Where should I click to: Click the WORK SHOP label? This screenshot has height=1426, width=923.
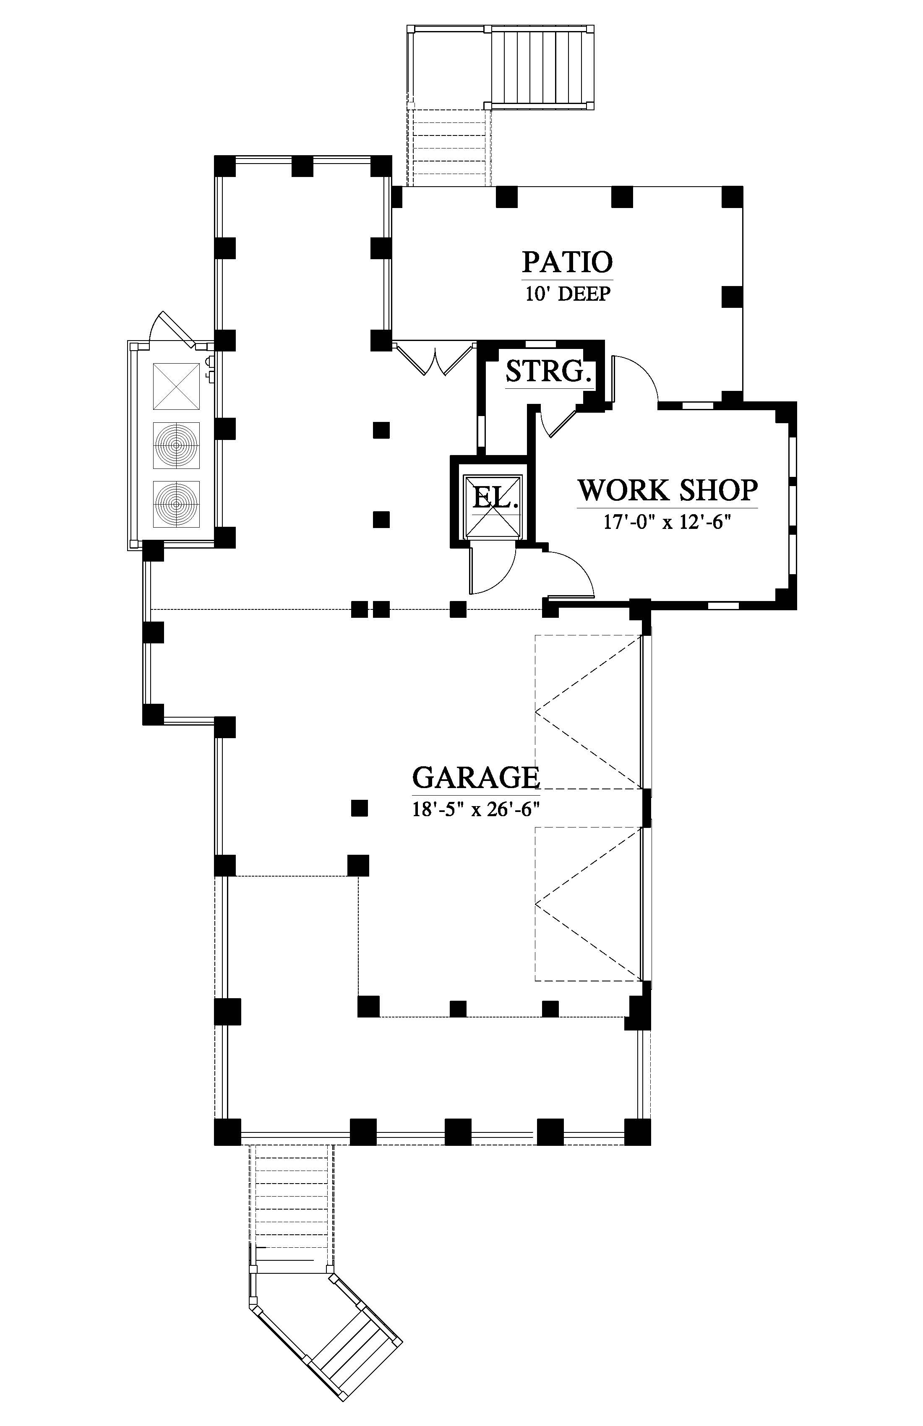pos(667,490)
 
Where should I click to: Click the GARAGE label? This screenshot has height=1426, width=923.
pos(476,778)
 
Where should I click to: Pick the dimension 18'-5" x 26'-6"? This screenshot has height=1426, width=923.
pos(476,809)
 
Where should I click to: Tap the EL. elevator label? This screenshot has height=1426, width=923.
pos(495,497)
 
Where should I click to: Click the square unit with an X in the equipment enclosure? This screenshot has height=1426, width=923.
pos(176,386)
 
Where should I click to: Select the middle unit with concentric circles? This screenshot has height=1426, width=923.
pos(176,445)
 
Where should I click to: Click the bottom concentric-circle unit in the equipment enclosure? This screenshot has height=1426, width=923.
pos(176,504)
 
